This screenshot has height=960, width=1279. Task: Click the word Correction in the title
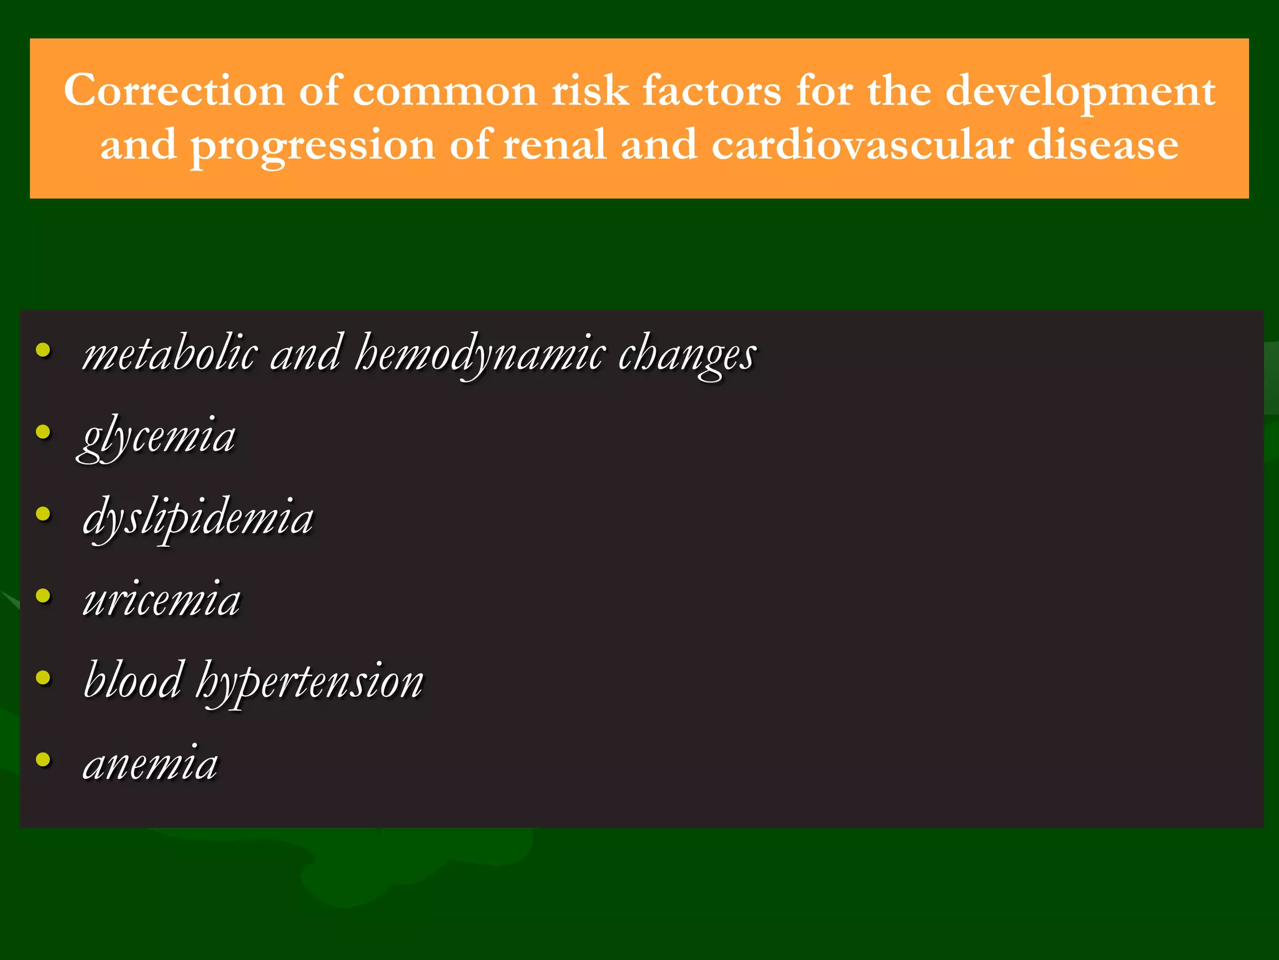pyautogui.click(x=174, y=91)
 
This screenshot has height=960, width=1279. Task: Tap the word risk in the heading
pyautogui.click(x=590, y=91)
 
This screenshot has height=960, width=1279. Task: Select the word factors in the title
pyautogui.click(x=712, y=91)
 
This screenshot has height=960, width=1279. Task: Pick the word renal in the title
pyautogui.click(x=555, y=145)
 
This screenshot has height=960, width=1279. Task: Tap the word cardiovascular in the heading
pyautogui.click(x=862, y=145)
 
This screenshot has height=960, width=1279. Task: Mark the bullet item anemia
pyautogui.click(x=151, y=764)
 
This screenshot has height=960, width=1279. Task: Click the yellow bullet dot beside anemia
pyautogui.click(x=43, y=759)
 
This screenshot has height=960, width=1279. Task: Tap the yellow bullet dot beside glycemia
pyautogui.click(x=43, y=431)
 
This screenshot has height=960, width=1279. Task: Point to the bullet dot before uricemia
pyautogui.click(x=43, y=596)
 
